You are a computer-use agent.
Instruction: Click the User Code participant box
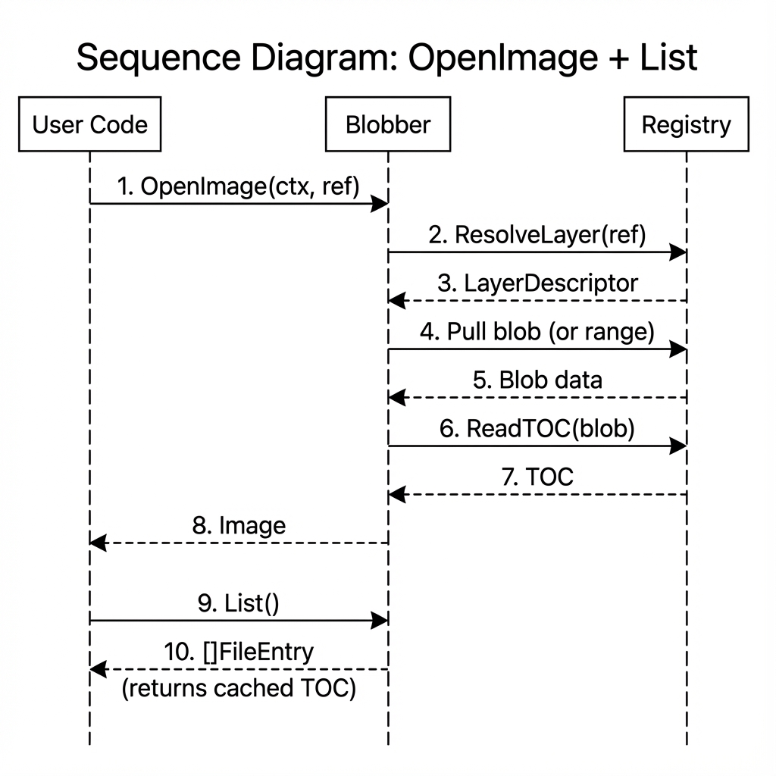(89, 124)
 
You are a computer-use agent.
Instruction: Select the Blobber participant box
(388, 124)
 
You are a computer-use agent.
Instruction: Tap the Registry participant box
(686, 124)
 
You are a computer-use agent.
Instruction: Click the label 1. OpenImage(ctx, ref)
(238, 186)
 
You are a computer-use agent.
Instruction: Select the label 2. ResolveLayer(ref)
(537, 235)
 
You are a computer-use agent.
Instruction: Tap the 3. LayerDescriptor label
(537, 283)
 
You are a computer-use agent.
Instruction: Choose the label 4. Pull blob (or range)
(537, 332)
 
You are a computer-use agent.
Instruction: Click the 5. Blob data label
(537, 380)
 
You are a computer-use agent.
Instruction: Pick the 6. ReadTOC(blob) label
(537, 428)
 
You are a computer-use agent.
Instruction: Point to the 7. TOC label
(537, 477)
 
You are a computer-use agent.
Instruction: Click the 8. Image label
(239, 525)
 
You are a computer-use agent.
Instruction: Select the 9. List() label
(238, 604)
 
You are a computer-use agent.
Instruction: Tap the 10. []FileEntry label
(239, 652)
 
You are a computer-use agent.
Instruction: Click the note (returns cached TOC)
(239, 690)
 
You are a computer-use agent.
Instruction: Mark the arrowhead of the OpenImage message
(380, 203)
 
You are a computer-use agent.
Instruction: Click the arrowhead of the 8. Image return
(97, 543)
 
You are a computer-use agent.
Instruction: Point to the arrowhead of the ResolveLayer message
(679, 252)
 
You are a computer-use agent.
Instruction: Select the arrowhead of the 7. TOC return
(396, 494)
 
